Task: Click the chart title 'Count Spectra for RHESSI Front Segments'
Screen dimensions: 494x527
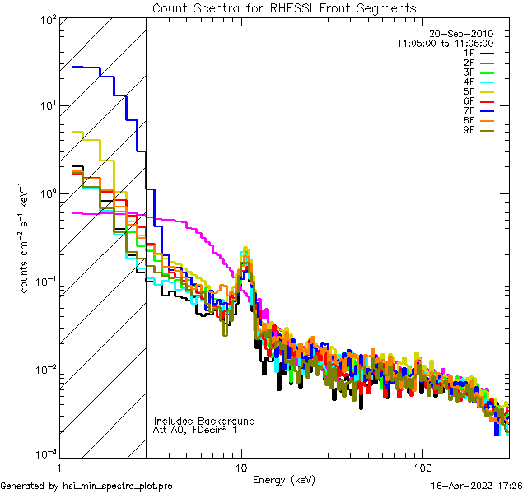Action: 284,8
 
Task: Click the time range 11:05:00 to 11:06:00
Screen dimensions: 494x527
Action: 445,43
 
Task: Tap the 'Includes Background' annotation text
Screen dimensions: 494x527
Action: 204,422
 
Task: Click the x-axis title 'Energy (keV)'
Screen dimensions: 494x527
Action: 283,480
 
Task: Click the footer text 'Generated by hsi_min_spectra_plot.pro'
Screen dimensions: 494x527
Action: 86,487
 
